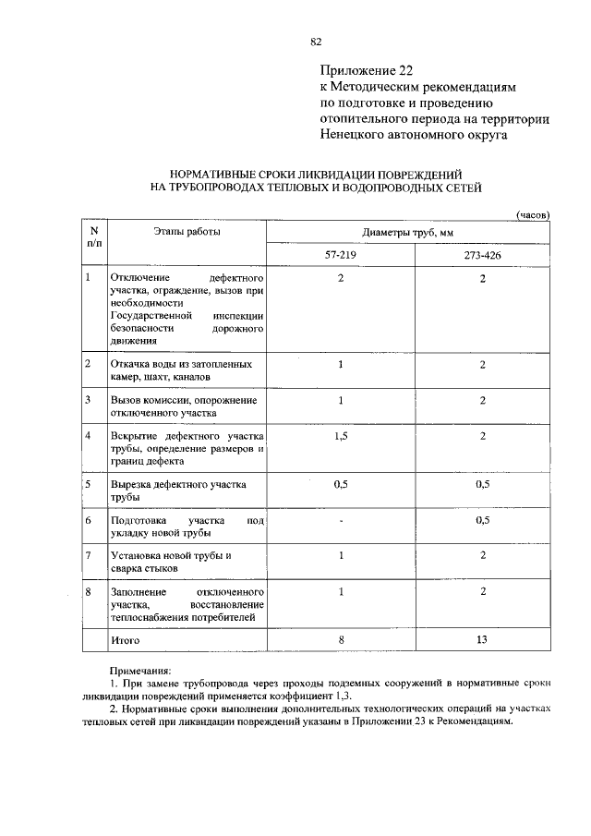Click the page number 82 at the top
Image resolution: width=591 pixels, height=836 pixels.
316,42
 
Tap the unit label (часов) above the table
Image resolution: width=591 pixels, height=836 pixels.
532,213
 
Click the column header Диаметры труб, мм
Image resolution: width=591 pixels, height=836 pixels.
409,232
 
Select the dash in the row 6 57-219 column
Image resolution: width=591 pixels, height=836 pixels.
340,522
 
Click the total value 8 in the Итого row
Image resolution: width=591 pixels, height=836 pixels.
340,638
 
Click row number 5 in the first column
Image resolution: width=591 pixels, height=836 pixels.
88,483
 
